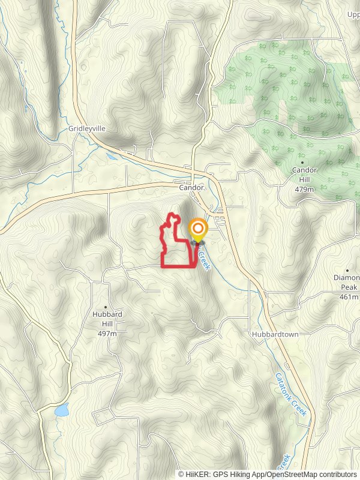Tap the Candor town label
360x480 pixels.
click(191, 188)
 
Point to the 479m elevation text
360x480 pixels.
click(304, 190)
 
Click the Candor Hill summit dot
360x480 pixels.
click(302, 162)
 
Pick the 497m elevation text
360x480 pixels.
click(107, 333)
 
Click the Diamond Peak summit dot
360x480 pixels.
click(347, 270)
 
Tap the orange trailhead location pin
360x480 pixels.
click(197, 230)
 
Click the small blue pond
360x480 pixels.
click(61, 410)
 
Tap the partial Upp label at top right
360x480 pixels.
click(353, 14)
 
